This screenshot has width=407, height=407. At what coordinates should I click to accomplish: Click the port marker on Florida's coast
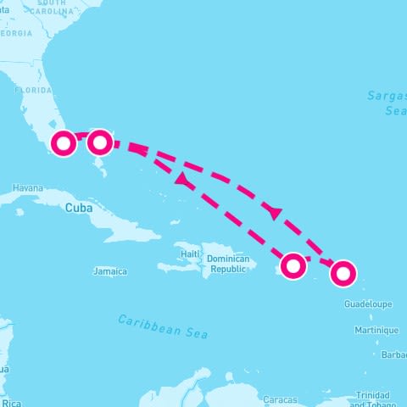coord(64,143)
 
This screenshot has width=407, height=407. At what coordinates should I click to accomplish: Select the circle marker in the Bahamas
coord(100,142)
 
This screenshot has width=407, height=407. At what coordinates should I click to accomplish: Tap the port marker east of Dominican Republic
coord(293,265)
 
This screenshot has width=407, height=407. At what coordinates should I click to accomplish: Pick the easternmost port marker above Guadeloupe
coord(343,273)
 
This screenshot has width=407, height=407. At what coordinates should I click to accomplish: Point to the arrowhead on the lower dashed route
coord(181,179)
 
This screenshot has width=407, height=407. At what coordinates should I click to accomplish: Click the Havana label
coord(27,188)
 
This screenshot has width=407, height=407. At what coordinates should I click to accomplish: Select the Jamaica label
coord(110,271)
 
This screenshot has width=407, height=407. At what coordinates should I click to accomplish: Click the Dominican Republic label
coord(227,263)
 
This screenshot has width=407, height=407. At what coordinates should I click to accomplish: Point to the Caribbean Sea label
coord(163,326)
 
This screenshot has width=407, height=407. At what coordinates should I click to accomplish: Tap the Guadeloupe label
coord(369,303)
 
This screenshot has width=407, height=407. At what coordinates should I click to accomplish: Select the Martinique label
coord(376,330)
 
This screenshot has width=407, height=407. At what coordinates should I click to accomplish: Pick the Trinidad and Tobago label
coord(373,399)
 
